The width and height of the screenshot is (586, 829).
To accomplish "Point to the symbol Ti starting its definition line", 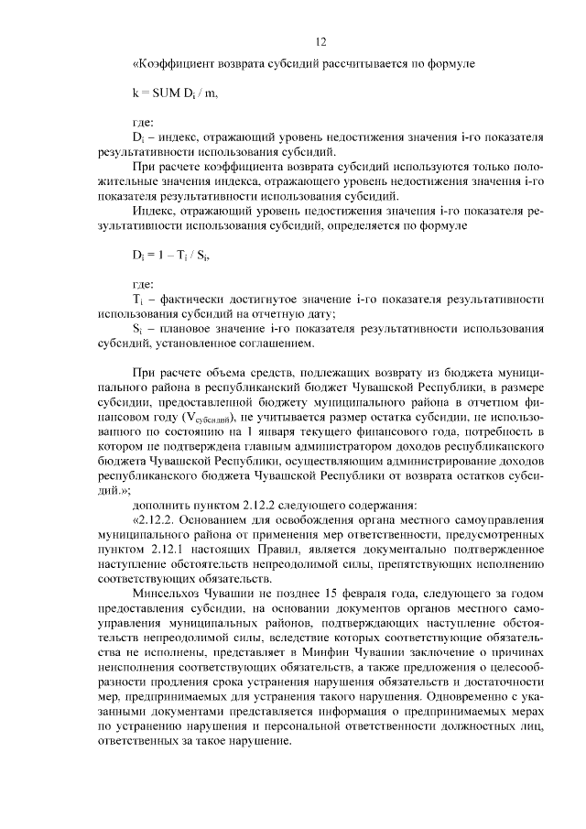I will point(138,299).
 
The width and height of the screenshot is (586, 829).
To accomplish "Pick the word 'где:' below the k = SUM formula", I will point(145,122).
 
